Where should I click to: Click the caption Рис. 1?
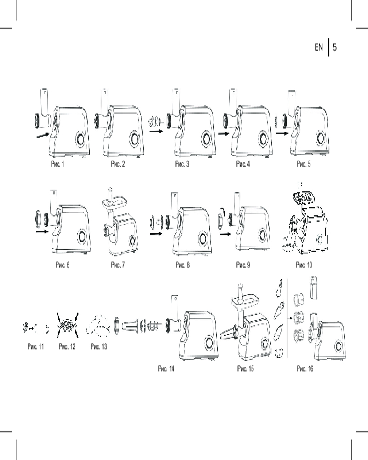(x=57, y=164)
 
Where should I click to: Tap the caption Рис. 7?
(x=118, y=265)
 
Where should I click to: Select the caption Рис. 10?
(x=304, y=265)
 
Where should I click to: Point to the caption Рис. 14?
(x=166, y=368)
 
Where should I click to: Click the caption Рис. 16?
(x=305, y=368)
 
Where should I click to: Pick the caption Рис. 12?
(x=67, y=346)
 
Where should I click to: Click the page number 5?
(x=335, y=47)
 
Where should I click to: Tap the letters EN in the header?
(x=319, y=47)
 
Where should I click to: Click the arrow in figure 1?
(x=42, y=135)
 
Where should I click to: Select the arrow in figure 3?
(x=156, y=132)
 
